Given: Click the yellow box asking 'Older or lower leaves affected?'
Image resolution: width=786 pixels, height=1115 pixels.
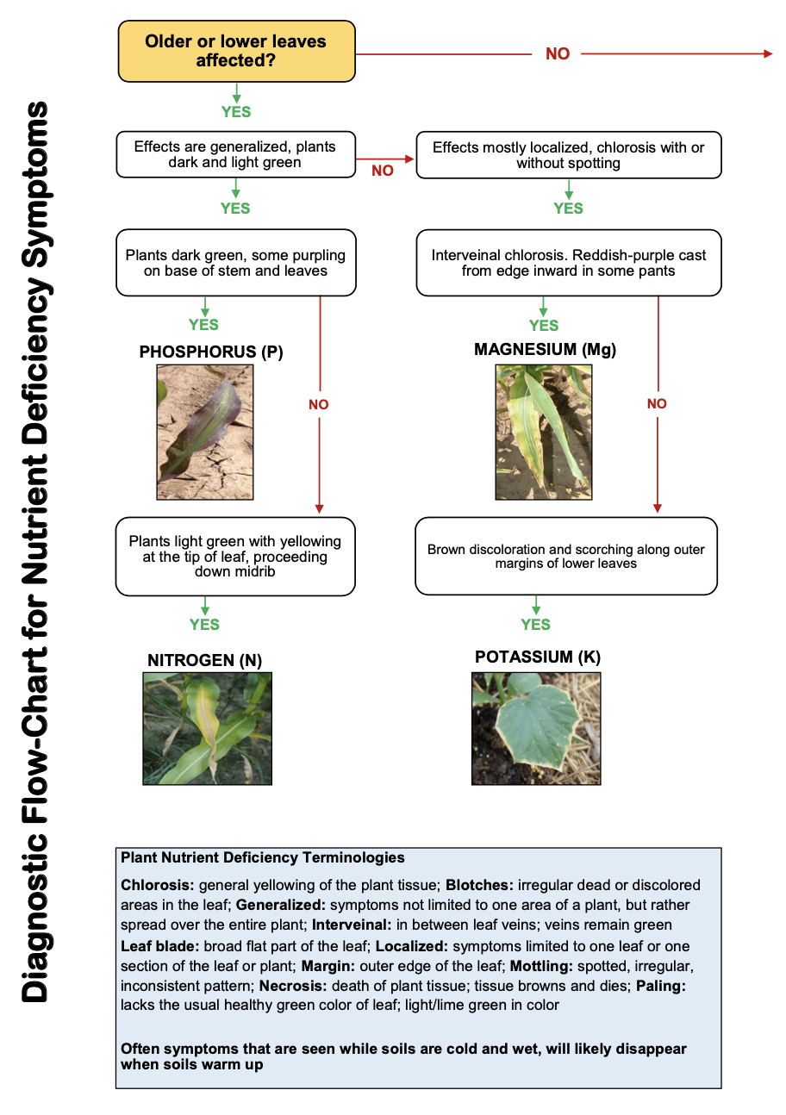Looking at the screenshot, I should [x=236, y=52].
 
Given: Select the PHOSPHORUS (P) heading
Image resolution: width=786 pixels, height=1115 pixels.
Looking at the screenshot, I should [x=211, y=352].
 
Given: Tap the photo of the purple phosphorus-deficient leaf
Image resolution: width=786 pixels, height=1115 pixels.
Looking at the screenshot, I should [x=205, y=432].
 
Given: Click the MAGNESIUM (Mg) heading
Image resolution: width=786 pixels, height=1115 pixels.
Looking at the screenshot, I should [x=545, y=350].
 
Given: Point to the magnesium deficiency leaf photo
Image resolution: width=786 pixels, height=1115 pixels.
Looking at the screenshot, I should [x=544, y=432].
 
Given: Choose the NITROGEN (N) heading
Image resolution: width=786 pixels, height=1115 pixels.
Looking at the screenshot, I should [x=205, y=661].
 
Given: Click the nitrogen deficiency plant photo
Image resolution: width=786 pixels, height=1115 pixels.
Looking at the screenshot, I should [x=208, y=728].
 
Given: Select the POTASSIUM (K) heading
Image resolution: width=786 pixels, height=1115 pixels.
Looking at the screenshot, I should [x=537, y=657].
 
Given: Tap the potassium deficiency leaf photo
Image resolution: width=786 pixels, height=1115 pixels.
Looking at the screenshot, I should [x=536, y=728].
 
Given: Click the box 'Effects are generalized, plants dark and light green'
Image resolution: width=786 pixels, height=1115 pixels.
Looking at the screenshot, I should [x=235, y=154].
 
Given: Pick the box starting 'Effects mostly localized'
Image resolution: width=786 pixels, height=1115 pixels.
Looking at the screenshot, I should [x=568, y=155].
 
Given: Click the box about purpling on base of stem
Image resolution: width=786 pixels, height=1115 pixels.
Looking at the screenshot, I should [x=235, y=263].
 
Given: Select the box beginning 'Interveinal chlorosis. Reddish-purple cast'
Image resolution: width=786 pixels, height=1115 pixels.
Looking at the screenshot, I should [x=568, y=263].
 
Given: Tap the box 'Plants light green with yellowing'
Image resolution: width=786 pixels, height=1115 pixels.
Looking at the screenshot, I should [x=235, y=556].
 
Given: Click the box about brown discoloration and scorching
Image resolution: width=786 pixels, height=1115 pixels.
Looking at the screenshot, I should [x=566, y=556].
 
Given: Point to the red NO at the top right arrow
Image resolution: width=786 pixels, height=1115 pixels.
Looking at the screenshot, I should [x=558, y=53].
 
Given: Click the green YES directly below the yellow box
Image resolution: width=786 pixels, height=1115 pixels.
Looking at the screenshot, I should [x=235, y=112].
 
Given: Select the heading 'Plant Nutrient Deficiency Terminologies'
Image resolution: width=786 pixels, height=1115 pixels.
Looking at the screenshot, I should [x=263, y=858].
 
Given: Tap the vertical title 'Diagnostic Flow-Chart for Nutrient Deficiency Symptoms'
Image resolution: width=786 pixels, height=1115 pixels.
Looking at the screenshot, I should [x=35, y=551].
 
